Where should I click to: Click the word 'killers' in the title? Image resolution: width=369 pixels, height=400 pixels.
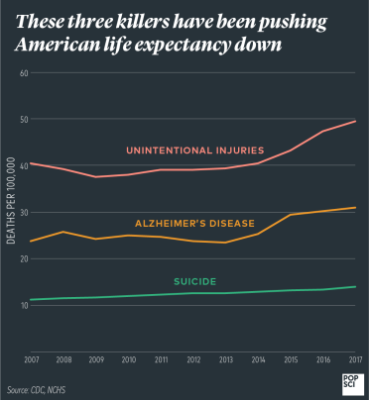point(149,22)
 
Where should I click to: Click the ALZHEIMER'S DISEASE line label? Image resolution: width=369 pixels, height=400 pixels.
point(194,223)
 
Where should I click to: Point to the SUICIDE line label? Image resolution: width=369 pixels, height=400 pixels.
point(195,280)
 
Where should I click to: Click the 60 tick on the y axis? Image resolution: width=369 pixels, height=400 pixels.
point(23,73)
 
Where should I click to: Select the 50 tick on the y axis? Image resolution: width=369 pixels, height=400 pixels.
point(23,120)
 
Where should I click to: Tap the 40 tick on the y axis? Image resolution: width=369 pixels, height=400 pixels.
point(23,165)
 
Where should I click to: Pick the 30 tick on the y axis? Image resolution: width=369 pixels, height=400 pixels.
point(23,212)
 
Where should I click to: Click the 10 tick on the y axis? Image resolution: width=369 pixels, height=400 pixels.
point(23,305)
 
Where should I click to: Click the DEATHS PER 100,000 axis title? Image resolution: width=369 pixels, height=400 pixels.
point(11,213)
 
